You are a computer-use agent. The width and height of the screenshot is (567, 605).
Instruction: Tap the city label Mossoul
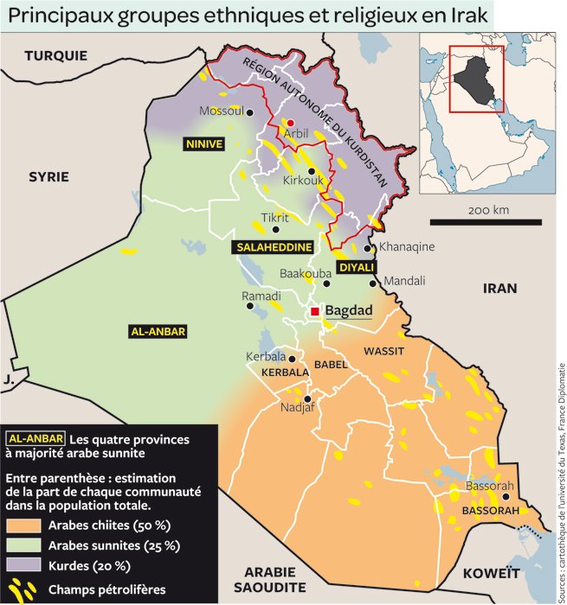pyautogui.click(x=222, y=111)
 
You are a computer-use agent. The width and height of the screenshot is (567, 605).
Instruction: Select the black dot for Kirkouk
pyautogui.click(x=311, y=171)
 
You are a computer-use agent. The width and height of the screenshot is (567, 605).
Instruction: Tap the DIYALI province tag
pyautogui.click(x=355, y=268)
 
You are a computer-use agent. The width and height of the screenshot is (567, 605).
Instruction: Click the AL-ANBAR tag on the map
pyautogui.click(x=158, y=331)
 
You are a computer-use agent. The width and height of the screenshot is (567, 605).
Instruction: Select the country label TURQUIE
pyautogui.click(x=55, y=55)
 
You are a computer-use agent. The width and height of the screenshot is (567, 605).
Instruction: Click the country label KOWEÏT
pyautogui.click(x=491, y=573)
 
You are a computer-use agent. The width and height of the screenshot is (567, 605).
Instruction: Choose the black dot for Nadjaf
pyautogui.click(x=307, y=398)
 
